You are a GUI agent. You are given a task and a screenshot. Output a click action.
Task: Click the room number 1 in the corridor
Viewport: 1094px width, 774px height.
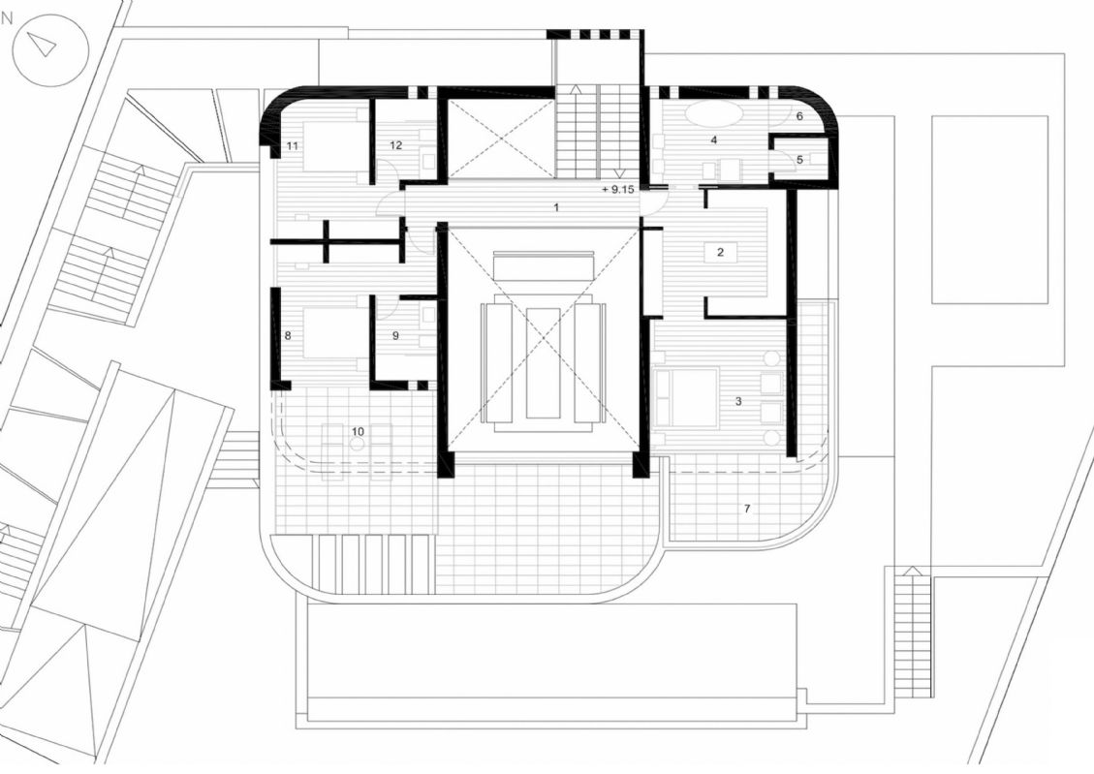pos(556,207)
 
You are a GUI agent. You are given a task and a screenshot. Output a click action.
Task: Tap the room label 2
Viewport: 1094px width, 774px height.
pos(721,253)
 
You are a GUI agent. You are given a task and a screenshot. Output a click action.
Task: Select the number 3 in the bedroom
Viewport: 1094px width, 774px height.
pos(739,402)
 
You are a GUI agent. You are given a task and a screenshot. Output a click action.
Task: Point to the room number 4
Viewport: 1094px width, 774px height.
pos(714,140)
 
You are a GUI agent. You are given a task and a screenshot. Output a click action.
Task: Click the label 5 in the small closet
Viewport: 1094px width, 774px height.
pos(799,160)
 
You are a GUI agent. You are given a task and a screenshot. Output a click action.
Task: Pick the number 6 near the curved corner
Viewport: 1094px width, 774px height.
pos(799,116)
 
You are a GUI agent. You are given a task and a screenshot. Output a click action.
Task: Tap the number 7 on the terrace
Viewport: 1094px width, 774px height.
pos(746,509)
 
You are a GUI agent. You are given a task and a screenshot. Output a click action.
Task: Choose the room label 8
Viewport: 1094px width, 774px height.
pos(288,335)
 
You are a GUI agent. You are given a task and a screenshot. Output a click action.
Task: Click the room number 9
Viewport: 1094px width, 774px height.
pos(395,335)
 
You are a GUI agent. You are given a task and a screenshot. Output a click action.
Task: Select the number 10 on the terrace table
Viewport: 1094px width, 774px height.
pos(358,432)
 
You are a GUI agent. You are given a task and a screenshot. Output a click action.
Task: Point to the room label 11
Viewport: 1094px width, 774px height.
pos(293,145)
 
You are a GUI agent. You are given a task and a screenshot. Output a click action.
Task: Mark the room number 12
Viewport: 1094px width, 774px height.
pos(396,145)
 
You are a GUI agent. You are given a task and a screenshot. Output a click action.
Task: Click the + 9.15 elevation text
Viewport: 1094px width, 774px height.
pos(617,189)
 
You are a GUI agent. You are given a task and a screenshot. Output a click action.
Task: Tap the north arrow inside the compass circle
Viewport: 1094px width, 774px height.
pos(47,46)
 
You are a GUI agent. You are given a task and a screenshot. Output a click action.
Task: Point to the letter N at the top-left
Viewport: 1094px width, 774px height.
pos(8,18)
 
